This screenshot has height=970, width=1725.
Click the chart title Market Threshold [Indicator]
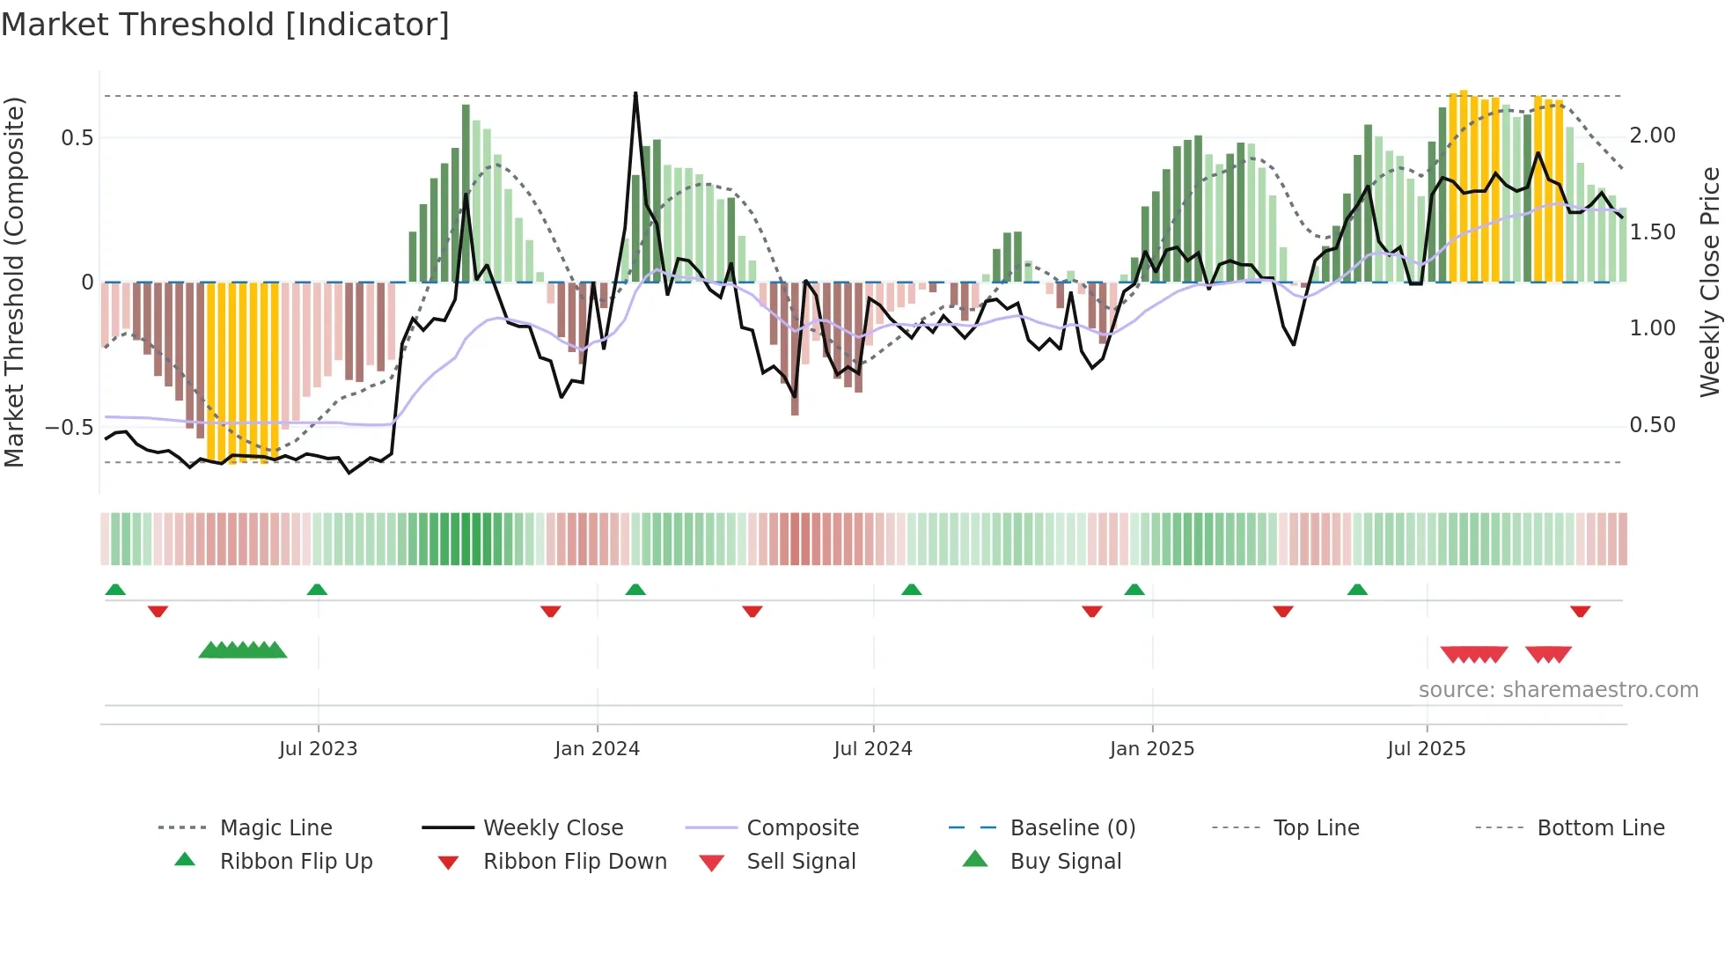(225, 25)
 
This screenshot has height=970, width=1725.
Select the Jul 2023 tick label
(318, 749)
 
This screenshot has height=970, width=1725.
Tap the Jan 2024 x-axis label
(597, 749)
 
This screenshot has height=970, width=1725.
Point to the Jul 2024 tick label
(872, 749)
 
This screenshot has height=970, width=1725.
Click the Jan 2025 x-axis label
(1151, 749)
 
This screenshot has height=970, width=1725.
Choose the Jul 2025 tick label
(1426, 749)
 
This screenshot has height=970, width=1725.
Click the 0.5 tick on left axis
(77, 138)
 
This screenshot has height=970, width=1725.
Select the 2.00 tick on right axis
(1652, 136)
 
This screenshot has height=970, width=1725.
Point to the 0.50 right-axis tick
(1652, 425)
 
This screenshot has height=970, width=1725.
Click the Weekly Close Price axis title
(1709, 282)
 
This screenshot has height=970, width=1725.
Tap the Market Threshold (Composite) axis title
(14, 282)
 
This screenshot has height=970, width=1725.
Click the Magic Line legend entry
(275, 828)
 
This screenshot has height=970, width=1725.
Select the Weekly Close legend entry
(553, 828)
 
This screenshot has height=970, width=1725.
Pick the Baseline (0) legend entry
(1072, 828)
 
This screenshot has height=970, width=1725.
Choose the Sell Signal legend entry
(800, 862)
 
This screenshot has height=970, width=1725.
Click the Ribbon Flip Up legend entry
(296, 862)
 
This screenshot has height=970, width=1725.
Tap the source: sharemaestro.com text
(1558, 690)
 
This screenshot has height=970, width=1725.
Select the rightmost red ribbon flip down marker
(1580, 611)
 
